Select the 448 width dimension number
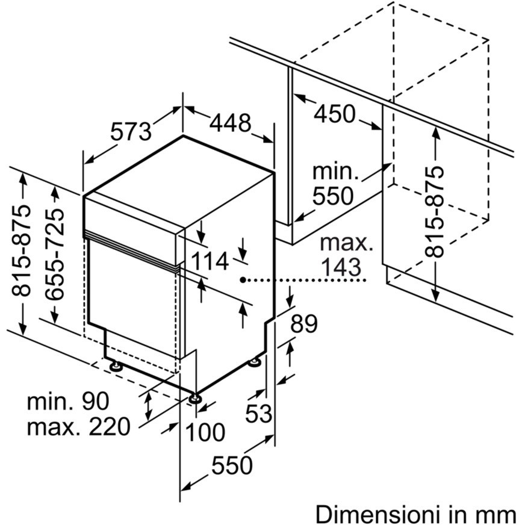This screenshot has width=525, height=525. point(230,123)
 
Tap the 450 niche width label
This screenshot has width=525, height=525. point(335,113)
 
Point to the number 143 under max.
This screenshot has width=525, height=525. point(341,267)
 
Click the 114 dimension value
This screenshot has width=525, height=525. point(210,261)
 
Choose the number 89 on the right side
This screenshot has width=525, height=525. point(304,325)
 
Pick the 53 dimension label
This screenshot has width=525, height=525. point(259,413)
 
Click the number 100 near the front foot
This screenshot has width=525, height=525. point(206,432)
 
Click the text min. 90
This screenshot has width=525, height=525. point(67,402)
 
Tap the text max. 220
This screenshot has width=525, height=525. point(78,427)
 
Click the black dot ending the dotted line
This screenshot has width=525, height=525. point(241,280)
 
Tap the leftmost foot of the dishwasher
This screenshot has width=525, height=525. point(114,365)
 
